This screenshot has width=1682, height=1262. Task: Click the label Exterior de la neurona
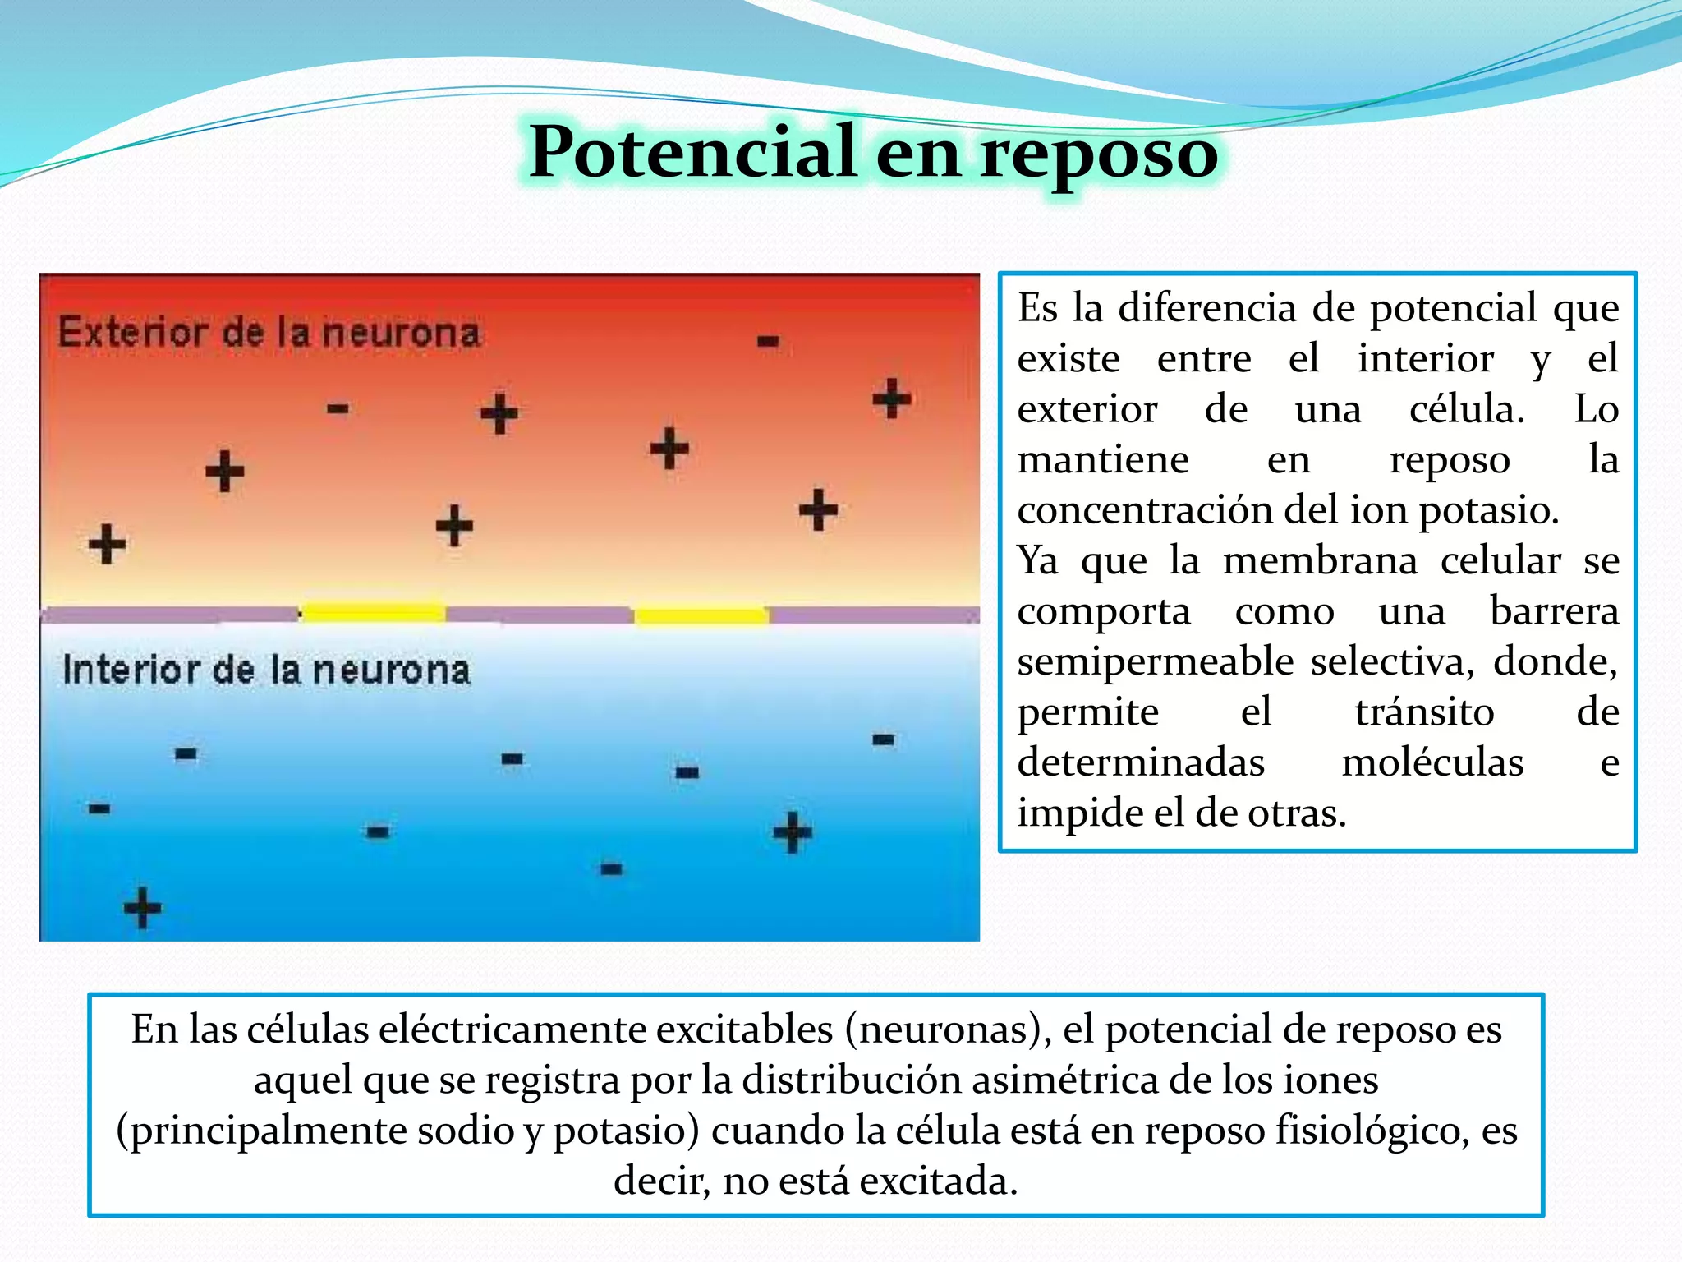pyautogui.click(x=269, y=333)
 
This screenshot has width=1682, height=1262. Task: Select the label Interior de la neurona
pyautogui.click(x=266, y=670)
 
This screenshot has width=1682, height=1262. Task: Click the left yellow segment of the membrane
pyautogui.click(x=373, y=612)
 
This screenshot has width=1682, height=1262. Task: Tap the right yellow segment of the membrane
pyautogui.click(x=701, y=615)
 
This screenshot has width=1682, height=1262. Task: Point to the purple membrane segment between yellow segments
pyautogui.click(x=539, y=615)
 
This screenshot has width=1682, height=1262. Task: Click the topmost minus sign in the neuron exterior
pyautogui.click(x=768, y=341)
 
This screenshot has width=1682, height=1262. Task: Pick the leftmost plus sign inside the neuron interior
pyautogui.click(x=142, y=907)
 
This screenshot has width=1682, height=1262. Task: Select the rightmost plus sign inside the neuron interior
pyautogui.click(x=793, y=832)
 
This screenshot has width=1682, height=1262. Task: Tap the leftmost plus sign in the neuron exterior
pyautogui.click(x=107, y=544)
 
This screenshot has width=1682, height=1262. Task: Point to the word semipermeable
pyautogui.click(x=1155, y=661)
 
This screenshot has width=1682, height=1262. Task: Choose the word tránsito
pyautogui.click(x=1423, y=712)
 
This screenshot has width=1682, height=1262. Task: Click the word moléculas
pyautogui.click(x=1432, y=762)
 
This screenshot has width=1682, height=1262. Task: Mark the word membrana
pyautogui.click(x=1320, y=561)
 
